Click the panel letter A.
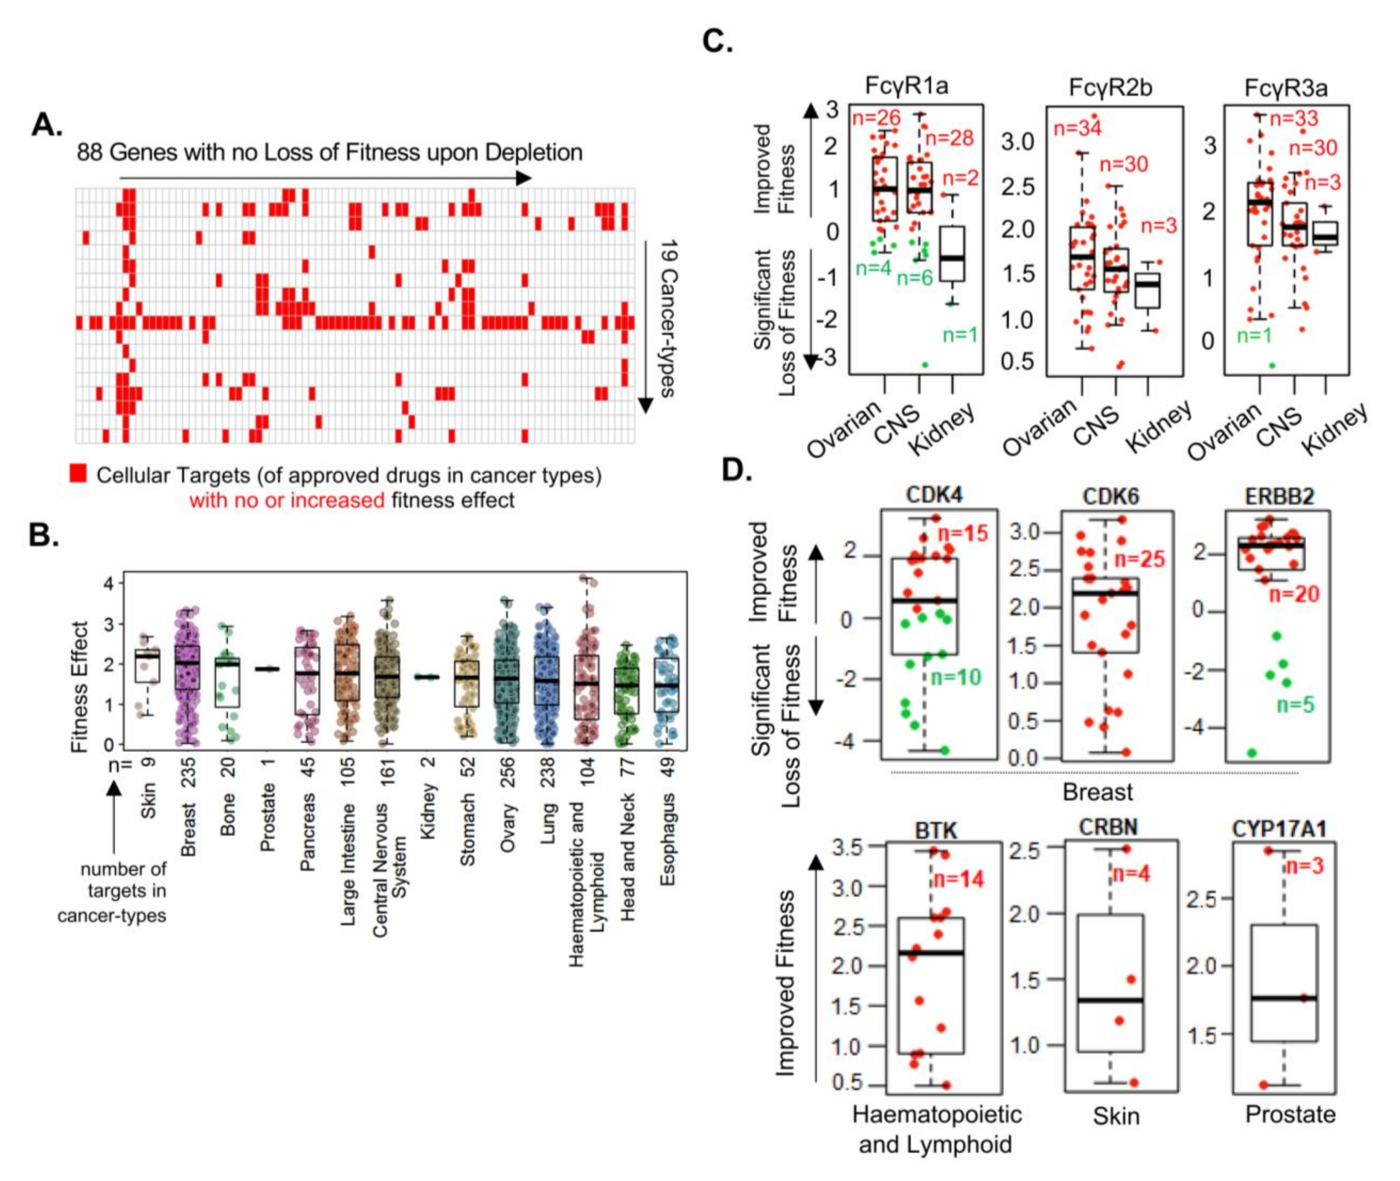coord(47,124)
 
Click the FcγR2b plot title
coord(1111,88)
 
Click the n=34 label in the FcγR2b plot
coord(1077,127)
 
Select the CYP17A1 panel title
coord(1279,829)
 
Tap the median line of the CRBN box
coord(1110,1000)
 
